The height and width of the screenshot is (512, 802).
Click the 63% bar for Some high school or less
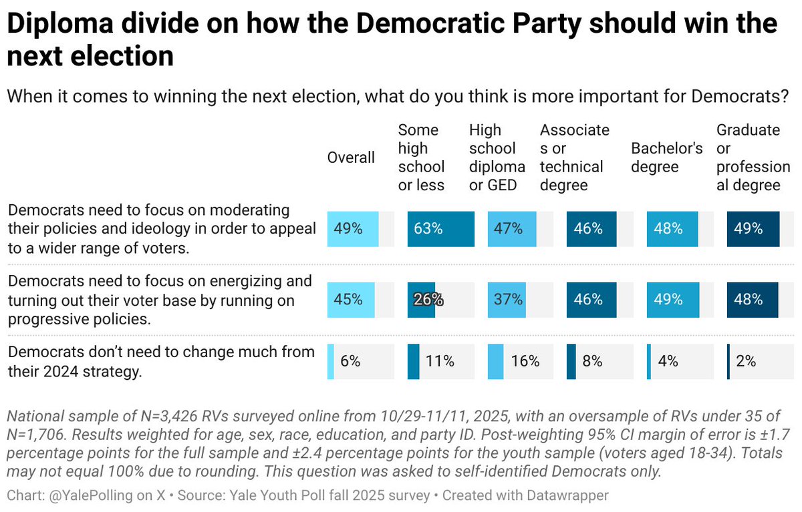440,229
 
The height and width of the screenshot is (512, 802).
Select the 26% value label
428,300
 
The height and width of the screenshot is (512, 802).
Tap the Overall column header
351,158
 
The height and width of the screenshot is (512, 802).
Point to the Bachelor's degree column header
667,158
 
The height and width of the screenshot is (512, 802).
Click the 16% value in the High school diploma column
525,362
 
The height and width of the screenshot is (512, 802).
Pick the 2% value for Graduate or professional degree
746,362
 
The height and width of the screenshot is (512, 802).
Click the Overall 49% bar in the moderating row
353,229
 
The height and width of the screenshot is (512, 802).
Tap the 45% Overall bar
351,300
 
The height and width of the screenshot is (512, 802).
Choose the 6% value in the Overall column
350,362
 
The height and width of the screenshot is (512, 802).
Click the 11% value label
440,362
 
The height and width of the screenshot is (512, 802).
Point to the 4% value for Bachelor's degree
668,362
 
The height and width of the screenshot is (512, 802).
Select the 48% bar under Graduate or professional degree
753,300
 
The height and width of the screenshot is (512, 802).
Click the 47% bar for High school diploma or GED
512,229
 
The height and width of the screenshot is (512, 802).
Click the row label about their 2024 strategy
160,361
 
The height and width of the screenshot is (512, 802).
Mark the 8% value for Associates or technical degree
592,362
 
